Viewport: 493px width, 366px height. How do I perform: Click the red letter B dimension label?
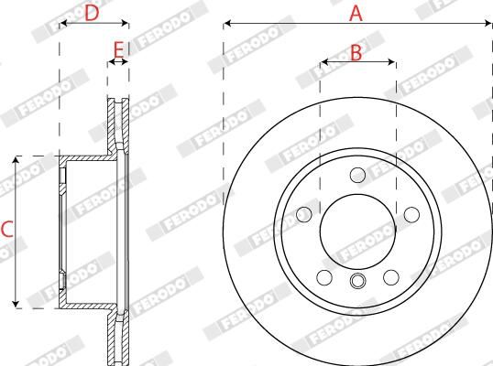click(x=356, y=53)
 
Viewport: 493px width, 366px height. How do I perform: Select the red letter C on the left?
click(x=6, y=231)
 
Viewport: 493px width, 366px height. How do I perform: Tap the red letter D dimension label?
click(x=92, y=13)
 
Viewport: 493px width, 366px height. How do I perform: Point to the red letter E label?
click(x=118, y=48)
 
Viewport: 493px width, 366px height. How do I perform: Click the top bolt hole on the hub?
click(x=357, y=174)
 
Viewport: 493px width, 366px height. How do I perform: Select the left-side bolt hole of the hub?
click(x=303, y=214)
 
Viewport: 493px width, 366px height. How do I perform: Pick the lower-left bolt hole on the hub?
click(x=323, y=277)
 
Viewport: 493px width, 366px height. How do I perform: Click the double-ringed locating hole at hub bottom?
click(x=357, y=281)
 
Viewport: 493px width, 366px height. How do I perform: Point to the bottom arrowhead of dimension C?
click(x=16, y=303)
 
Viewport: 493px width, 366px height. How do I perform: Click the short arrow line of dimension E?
click(x=117, y=63)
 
